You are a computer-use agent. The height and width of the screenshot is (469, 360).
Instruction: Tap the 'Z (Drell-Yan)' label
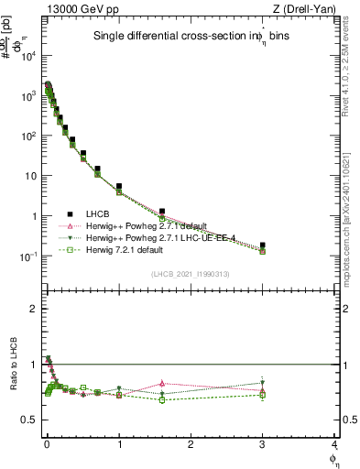point(309,9)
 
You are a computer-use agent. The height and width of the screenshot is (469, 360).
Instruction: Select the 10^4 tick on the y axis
point(29,55)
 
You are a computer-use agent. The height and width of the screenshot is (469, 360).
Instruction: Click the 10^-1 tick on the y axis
point(27,256)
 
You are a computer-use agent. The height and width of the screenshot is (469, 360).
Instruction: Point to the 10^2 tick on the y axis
point(29,136)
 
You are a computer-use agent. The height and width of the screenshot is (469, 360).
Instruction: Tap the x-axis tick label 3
point(263,444)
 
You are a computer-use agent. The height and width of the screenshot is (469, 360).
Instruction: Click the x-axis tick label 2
point(191,444)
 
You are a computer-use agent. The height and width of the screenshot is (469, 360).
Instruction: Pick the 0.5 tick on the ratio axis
point(29,420)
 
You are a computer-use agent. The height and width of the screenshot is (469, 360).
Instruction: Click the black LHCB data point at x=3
point(263,245)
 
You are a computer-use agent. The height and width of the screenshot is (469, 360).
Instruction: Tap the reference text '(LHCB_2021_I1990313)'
point(191,274)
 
